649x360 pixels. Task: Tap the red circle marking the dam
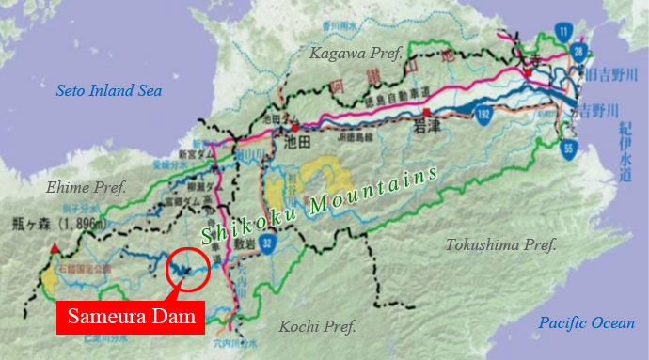click(186, 267)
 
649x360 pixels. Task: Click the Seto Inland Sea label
click(109, 91)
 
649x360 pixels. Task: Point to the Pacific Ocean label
click(587, 323)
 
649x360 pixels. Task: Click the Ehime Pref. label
click(83, 186)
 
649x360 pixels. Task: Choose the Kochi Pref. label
click(318, 327)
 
